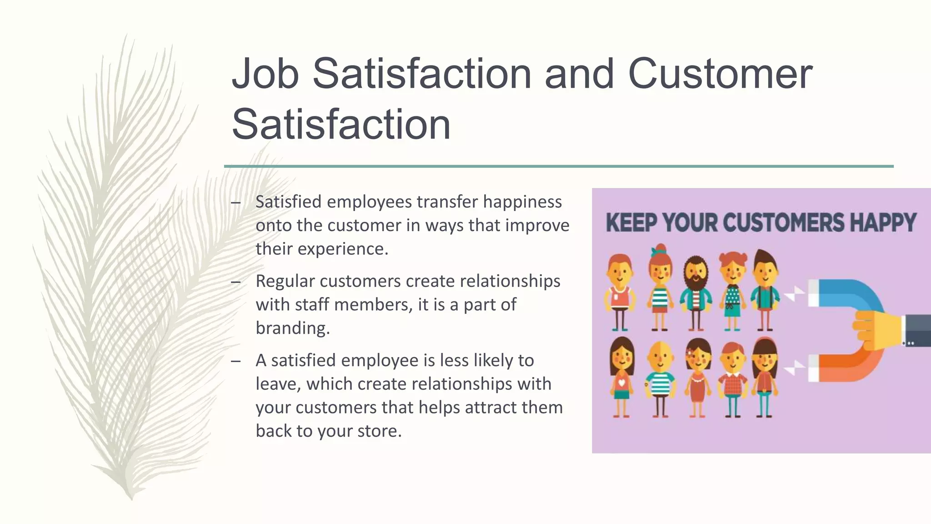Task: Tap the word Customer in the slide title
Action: tap(720, 74)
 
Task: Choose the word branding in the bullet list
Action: tap(292, 328)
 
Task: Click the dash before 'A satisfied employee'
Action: tap(235, 361)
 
